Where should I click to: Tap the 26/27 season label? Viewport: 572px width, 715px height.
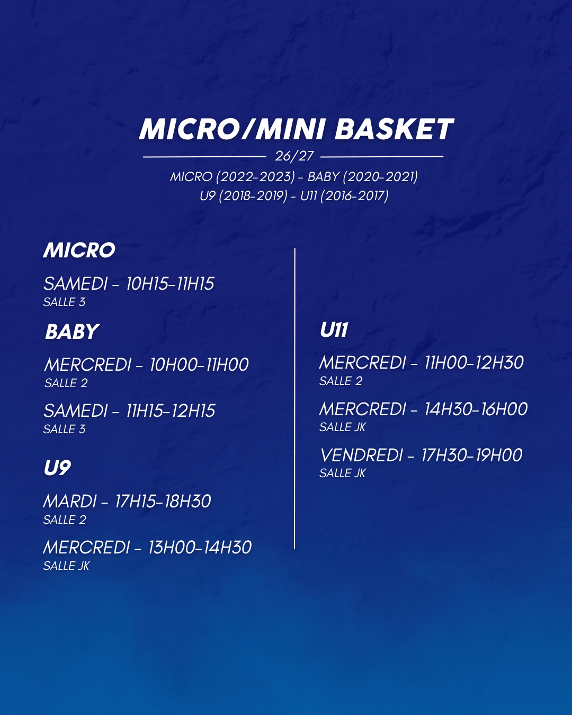coord(294,156)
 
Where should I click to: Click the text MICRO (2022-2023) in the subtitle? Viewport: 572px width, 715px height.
coord(233,177)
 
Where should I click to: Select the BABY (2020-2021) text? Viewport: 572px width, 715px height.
coord(363,177)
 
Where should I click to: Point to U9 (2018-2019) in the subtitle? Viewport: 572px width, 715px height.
coord(243,195)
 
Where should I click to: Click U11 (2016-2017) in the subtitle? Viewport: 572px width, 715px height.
coord(344,195)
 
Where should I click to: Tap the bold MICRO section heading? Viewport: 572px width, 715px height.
coord(79,250)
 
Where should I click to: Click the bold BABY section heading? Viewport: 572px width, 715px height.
coord(72,332)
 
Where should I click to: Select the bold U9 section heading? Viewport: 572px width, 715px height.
coord(57,468)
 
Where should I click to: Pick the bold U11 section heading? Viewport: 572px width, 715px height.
coord(334,330)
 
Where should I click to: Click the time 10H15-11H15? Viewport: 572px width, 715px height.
coord(170,284)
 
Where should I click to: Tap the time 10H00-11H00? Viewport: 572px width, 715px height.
coord(199,365)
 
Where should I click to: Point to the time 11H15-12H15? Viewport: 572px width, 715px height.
coord(171,410)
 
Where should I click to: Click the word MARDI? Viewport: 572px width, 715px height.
coord(70,502)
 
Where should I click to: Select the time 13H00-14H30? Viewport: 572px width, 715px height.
coord(200,548)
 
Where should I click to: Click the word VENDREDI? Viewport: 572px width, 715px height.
coord(361,455)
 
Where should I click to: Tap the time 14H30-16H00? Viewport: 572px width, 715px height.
coord(476,409)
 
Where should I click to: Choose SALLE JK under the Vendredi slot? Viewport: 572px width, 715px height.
coord(342,473)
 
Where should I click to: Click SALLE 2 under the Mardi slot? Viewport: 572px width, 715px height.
coord(65,520)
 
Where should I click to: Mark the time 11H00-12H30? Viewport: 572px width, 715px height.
coord(474,362)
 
